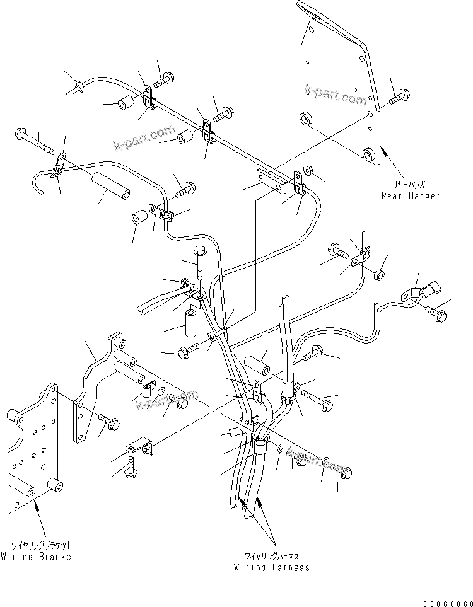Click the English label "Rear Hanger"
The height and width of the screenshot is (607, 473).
click(410, 195)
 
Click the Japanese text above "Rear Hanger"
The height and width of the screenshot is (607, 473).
click(411, 185)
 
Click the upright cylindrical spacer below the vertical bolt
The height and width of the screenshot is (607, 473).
click(192, 318)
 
